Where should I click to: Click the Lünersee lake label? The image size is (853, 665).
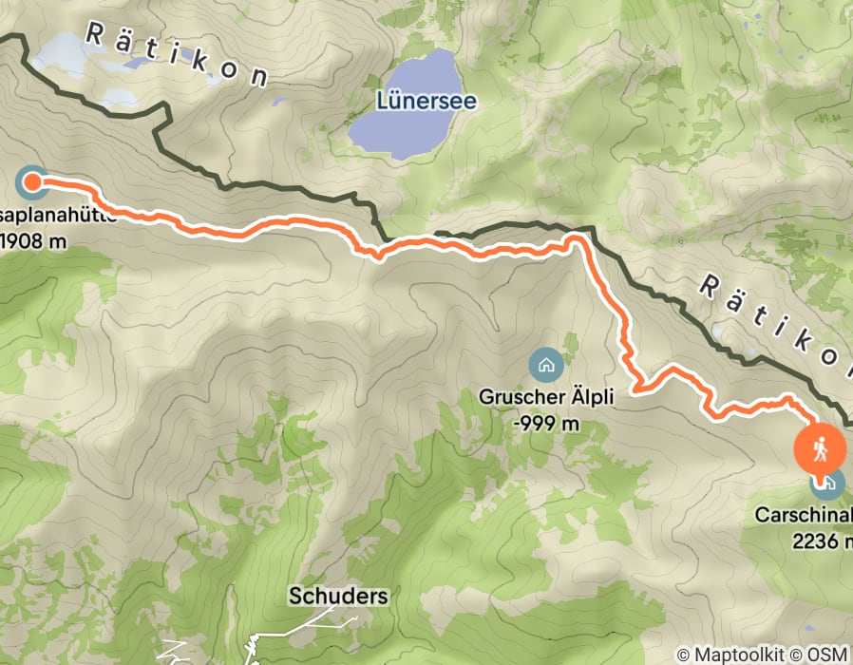coord(425,99)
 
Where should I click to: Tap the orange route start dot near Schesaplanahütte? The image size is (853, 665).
coord(30,179)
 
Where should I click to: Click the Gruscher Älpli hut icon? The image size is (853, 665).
coord(545,364)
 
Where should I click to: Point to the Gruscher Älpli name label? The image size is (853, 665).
coord(544,395)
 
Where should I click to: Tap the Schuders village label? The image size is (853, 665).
coord(339,597)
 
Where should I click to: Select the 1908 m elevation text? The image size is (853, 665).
coord(33,239)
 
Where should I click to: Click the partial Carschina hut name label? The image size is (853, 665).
coord(804,516)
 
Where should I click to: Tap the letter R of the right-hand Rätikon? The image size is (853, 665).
coord(712,284)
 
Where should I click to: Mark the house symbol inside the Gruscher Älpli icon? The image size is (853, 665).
coord(545,364)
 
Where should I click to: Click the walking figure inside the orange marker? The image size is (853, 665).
coord(821,446)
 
